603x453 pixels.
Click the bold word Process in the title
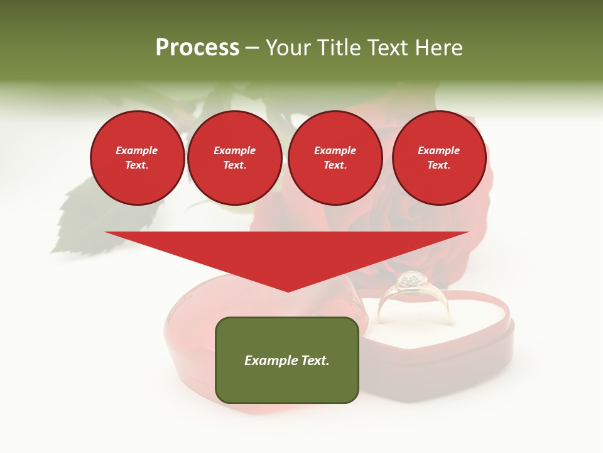pos(197,48)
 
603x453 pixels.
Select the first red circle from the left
pos(137,158)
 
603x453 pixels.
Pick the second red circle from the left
pos(234,158)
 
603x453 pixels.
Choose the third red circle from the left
pos(335,158)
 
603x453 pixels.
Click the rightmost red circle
pos(438,158)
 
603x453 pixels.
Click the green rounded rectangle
pos(287,384)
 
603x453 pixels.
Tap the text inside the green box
pos(287,361)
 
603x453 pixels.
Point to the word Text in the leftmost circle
pos(137,165)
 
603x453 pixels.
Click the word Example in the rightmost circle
pos(438,150)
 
